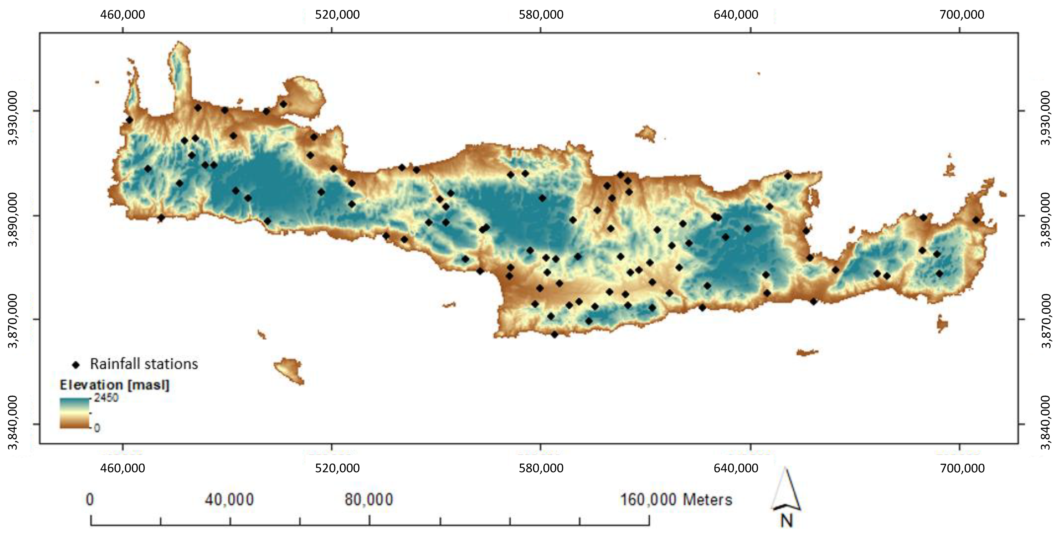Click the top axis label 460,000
coord(123,15)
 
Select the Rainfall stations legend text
coord(144,364)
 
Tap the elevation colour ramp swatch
coord(74,413)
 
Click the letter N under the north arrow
coord(786,521)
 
